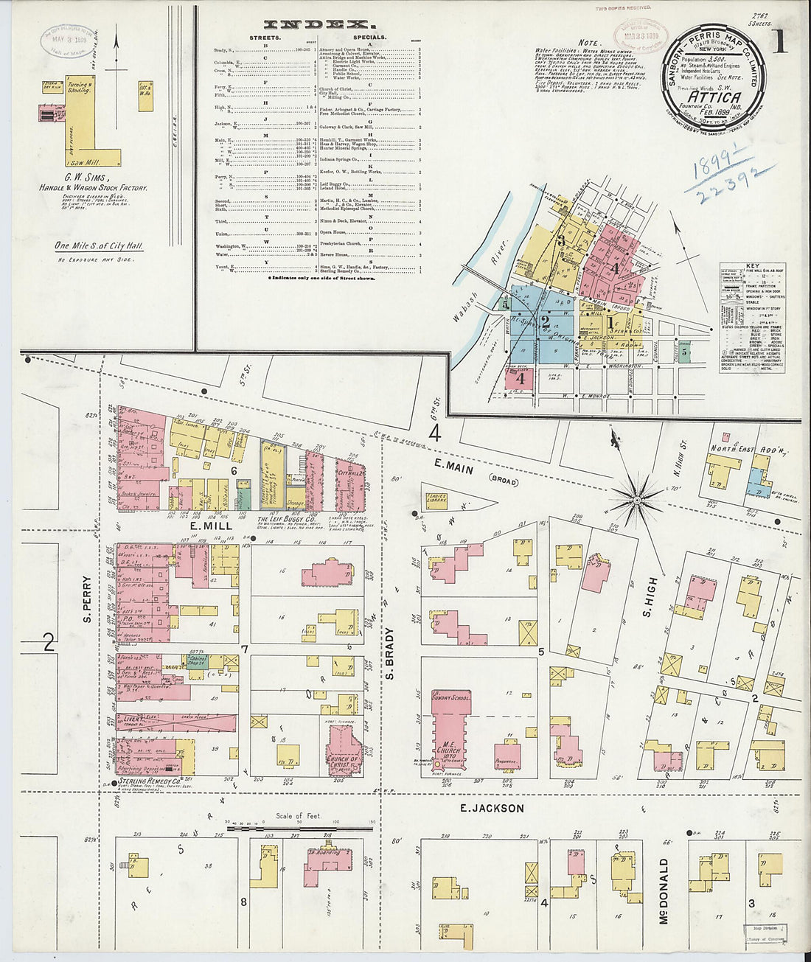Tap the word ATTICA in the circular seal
(710, 96)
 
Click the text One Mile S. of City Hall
(99, 246)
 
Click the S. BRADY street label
(390, 653)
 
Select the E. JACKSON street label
(492, 808)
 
